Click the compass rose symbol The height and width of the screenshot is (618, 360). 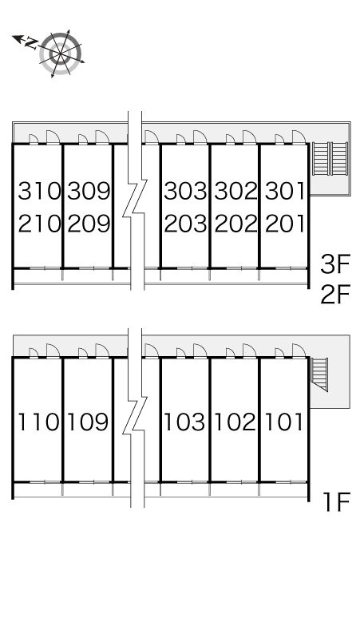(61, 53)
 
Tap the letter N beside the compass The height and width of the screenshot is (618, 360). (31, 43)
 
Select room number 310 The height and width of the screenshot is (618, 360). (39, 191)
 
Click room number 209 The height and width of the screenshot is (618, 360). (89, 224)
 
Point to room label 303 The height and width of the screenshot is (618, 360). (185, 191)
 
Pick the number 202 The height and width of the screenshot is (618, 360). (235, 224)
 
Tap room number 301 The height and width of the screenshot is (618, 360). (284, 191)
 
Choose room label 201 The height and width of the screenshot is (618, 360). (284, 224)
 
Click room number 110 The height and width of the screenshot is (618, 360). (38, 422)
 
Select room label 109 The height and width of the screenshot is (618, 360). (88, 422)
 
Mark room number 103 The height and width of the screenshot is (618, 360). (184, 422)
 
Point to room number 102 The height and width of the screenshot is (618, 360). (235, 422)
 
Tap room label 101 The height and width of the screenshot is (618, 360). (283, 422)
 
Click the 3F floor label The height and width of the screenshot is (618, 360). (335, 264)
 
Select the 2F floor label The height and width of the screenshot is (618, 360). (335, 295)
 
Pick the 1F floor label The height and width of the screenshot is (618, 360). (337, 501)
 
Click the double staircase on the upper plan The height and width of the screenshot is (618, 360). (330, 158)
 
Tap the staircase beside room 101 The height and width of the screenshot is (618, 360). (319, 374)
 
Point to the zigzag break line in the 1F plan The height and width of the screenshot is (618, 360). (135, 418)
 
